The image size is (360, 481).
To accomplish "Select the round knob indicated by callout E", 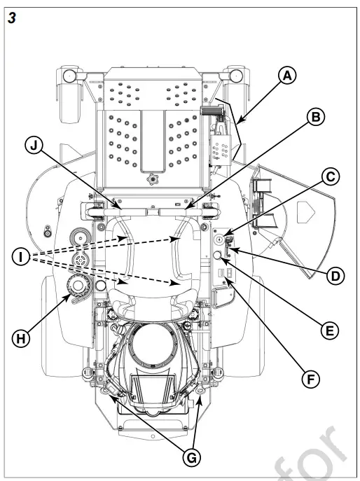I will [217, 256].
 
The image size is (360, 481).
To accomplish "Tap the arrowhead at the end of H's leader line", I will [67, 298].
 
